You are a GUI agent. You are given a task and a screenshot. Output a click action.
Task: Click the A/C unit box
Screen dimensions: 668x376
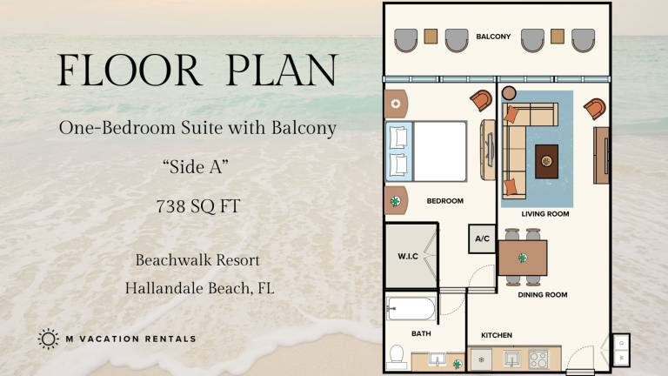point(482,238)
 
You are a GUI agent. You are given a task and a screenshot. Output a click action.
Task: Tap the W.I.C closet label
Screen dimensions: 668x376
point(408,256)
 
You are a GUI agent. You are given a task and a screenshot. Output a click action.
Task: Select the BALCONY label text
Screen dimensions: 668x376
point(493,37)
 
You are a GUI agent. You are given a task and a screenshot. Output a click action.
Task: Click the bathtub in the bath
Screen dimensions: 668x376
point(411,308)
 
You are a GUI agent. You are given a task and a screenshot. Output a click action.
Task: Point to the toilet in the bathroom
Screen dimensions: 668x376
point(397,357)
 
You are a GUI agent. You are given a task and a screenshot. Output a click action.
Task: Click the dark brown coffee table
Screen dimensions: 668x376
point(546,161)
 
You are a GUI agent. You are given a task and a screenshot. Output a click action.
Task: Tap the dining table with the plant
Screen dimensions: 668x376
point(523,258)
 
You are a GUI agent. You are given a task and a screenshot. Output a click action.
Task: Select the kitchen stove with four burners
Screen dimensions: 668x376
point(538,359)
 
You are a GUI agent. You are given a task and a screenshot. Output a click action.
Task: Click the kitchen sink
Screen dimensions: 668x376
point(511,359)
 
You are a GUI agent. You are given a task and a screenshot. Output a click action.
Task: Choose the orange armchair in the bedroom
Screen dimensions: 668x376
point(481,100)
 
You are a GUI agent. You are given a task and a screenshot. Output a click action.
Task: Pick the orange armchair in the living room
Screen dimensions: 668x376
point(595,108)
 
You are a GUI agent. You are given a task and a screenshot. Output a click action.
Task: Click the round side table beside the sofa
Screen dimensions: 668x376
point(509,93)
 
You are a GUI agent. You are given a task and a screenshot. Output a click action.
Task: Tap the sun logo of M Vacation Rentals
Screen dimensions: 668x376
point(48,339)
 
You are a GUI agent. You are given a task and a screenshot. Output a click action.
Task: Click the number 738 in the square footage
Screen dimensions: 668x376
point(170,206)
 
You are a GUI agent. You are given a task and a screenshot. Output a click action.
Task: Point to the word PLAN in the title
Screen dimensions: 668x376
point(282,70)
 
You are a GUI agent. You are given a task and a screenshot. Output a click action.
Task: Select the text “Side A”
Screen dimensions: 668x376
point(196,167)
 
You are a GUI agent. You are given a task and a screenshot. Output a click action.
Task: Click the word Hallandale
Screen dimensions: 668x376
point(164,288)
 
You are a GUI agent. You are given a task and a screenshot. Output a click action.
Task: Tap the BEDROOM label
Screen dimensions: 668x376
point(444,201)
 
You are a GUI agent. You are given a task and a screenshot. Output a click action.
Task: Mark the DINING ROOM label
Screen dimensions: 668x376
point(543,294)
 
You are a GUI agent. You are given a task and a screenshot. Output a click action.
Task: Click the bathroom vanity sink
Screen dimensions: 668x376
point(438,359)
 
